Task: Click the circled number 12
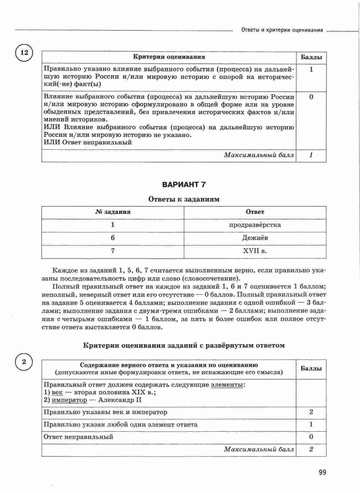coord(24,53)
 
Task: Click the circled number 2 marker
coord(24,362)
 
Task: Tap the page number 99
coord(322,473)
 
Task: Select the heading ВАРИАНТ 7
coord(184,185)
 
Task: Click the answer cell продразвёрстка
coord(255,225)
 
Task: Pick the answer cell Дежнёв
coord(255,238)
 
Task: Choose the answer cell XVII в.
coord(255,251)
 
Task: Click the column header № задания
coord(113,212)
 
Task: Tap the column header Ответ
coord(255,212)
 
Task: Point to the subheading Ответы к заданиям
coord(184,199)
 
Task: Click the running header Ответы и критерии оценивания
coord(282,30)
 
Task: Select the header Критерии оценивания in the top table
coord(169,57)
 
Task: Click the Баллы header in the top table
coord(311,57)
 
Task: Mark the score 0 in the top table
coord(311,97)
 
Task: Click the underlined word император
coord(69,400)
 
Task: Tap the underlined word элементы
coord(227,385)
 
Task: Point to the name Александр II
coord(120,400)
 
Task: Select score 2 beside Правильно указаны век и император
coord(311,412)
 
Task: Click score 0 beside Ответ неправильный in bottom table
coord(311,436)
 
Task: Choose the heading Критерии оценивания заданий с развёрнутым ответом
coord(184,345)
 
